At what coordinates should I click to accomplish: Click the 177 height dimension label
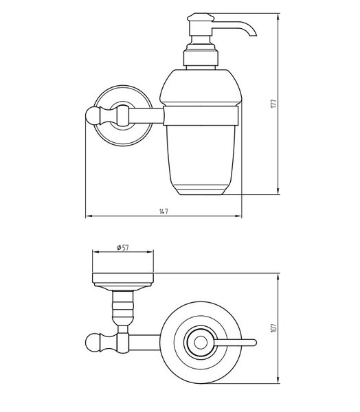[x=273, y=104]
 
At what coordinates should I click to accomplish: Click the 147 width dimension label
[x=164, y=211]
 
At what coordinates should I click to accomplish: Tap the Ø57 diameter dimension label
[x=122, y=247]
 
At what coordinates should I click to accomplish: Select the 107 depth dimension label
[x=273, y=328]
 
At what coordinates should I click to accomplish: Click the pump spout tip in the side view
[x=253, y=34]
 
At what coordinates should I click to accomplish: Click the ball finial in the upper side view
[x=92, y=115]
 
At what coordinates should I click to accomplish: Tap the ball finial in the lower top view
[x=92, y=343]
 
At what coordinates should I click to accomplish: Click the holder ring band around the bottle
[x=201, y=115]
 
